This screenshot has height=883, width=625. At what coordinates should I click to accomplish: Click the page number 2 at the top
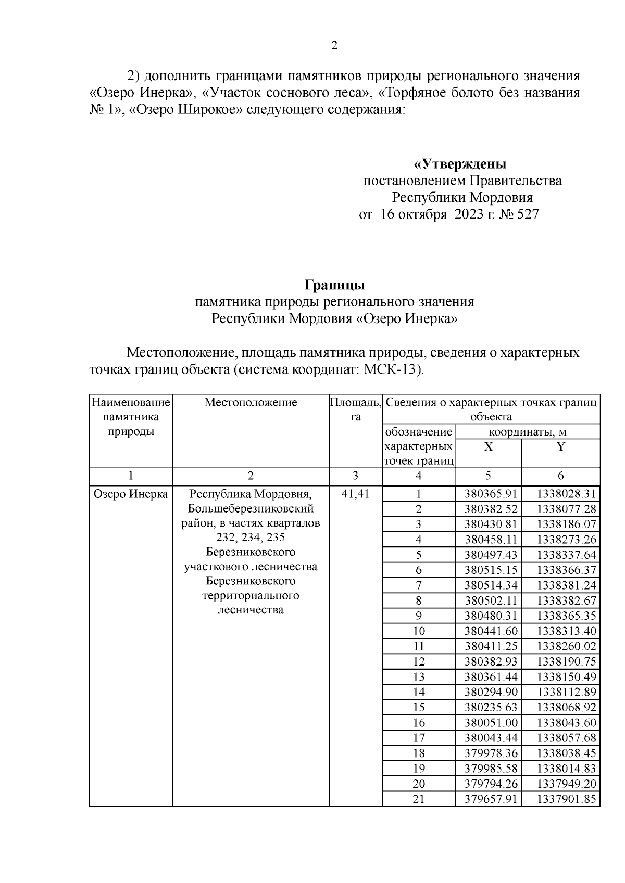334,46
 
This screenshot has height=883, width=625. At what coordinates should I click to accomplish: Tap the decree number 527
528,214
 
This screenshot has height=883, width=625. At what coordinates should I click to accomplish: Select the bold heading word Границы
334,285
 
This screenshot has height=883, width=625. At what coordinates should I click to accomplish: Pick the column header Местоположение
251,402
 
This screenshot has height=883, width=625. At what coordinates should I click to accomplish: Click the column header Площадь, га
356,409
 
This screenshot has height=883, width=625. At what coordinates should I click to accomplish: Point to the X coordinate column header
488,447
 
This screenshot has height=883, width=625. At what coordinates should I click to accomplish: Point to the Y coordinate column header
560,447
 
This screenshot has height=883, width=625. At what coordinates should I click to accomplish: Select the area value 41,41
355,494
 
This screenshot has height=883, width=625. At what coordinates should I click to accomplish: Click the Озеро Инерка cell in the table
131,494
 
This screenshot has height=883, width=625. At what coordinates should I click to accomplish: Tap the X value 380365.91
488,494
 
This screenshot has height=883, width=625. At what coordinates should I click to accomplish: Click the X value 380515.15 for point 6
488,570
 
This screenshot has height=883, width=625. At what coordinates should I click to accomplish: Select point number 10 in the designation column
418,631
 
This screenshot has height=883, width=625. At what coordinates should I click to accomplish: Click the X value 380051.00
488,723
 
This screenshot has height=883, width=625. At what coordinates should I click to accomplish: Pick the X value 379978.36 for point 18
488,753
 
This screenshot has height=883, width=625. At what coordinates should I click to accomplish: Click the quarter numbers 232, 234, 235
251,538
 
